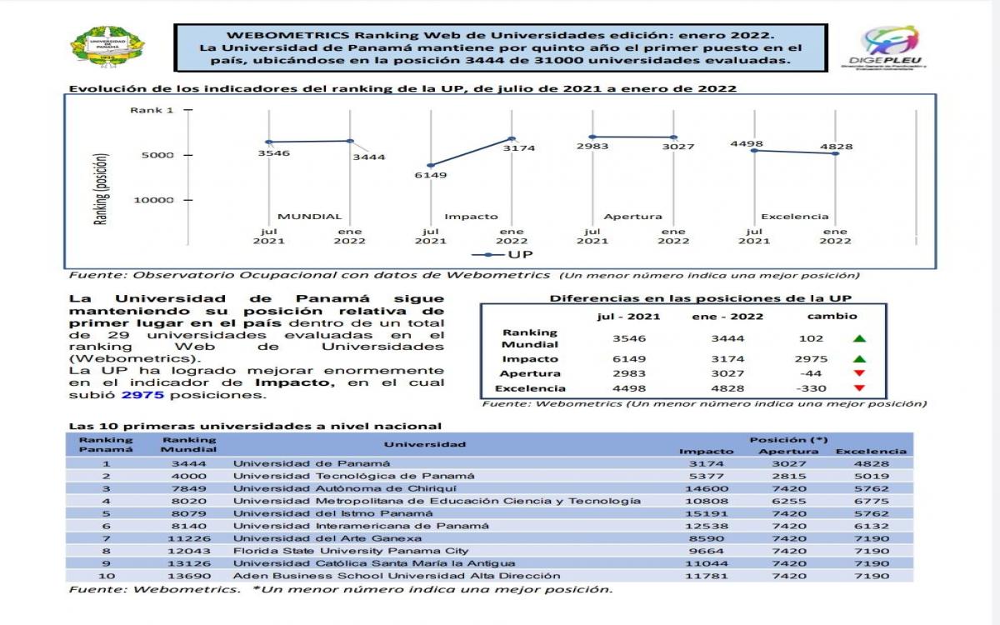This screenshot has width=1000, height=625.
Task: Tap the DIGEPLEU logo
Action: point(892,47)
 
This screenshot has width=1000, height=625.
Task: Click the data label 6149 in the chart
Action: point(431,175)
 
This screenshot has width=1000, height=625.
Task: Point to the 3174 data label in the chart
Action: point(518,147)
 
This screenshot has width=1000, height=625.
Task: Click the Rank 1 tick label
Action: point(152,110)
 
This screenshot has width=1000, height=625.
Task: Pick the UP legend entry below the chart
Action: point(502,253)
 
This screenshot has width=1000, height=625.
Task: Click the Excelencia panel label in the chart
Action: point(794,217)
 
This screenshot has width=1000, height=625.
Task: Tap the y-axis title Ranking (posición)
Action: point(101,189)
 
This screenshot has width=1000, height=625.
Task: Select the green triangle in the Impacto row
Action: point(859,357)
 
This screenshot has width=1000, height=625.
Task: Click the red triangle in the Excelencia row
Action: point(859,388)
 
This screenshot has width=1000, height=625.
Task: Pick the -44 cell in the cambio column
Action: point(811,372)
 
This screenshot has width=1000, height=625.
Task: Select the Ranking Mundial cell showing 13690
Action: point(189,576)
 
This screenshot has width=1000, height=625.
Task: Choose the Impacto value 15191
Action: point(707,513)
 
